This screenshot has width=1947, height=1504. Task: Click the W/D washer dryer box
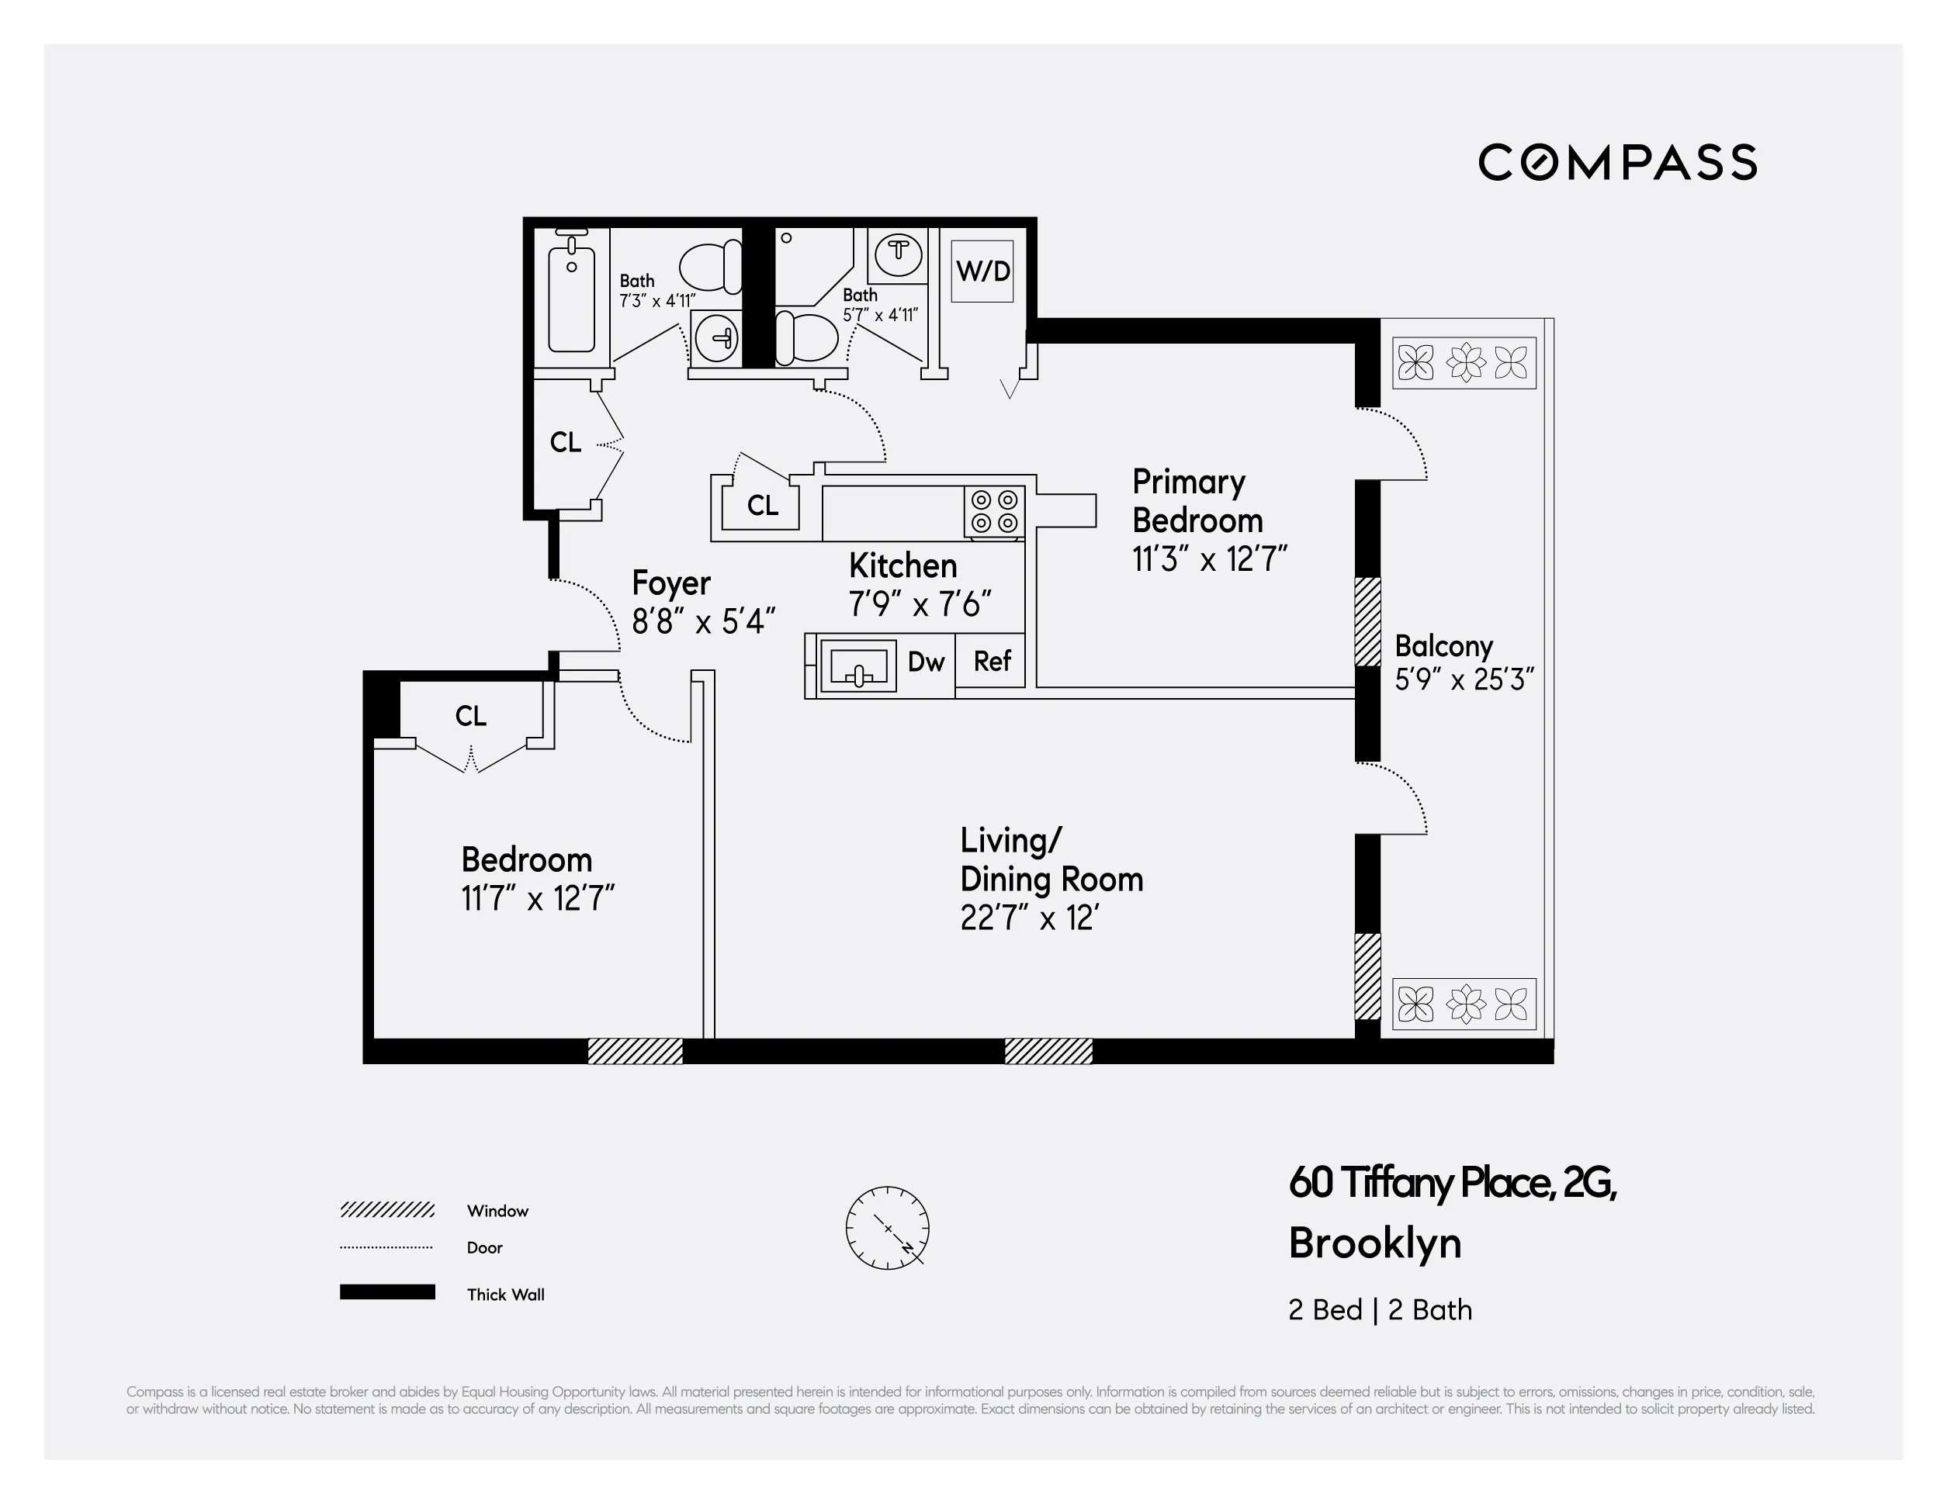tap(982, 271)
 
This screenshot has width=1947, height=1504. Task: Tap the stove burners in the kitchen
tap(994, 511)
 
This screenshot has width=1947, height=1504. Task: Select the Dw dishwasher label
tap(925, 661)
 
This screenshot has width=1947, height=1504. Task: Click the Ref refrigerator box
tap(991, 661)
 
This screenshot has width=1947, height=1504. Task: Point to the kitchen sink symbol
tap(857, 666)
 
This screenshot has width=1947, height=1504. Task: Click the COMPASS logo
tap(1617, 162)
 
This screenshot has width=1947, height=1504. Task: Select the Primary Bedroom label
tap(1197, 501)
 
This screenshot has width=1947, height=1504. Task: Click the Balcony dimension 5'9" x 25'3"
tap(1464, 679)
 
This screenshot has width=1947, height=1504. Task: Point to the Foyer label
tap(670, 583)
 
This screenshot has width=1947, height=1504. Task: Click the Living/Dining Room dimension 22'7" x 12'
tap(1029, 918)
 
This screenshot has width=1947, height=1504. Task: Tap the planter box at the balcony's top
tap(1464, 363)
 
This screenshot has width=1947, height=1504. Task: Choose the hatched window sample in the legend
tap(387, 1210)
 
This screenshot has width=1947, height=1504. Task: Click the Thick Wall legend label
tap(504, 1295)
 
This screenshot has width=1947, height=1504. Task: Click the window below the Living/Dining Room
tap(1048, 1051)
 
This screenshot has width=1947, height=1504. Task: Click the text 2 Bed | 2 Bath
tap(1379, 1310)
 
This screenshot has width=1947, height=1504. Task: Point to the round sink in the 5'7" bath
tap(898, 253)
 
